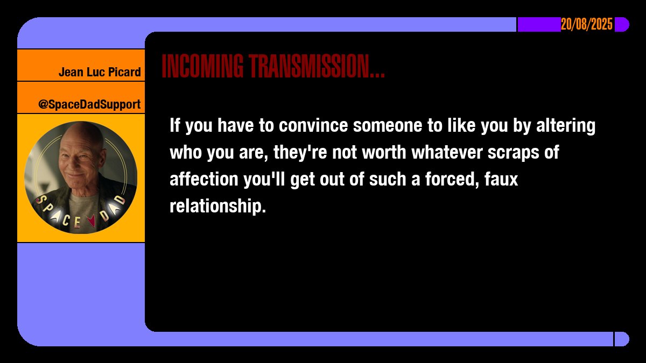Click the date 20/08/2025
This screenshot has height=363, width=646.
(x=587, y=24)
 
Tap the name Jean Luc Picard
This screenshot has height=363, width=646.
(x=100, y=72)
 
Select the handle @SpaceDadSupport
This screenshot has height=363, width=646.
(x=89, y=104)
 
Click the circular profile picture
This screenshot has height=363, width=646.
(x=81, y=177)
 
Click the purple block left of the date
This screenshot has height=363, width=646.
(x=538, y=24)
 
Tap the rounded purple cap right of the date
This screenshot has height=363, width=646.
(x=622, y=24)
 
